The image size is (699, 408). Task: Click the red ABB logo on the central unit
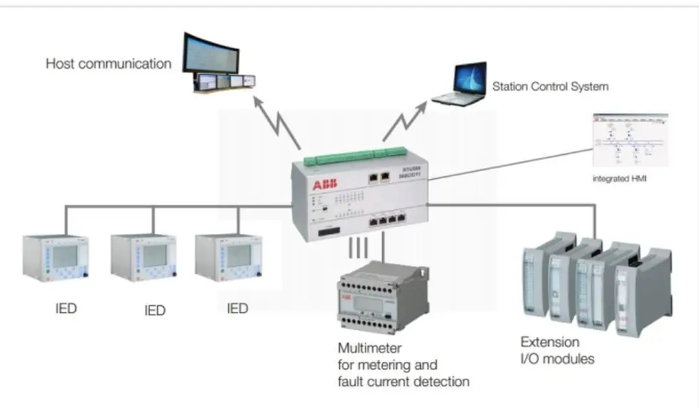click(325, 186)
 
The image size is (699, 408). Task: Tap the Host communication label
click(108, 63)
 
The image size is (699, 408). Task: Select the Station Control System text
click(550, 86)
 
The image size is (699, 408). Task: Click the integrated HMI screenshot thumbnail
click(630, 141)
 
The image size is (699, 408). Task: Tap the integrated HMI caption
click(619, 177)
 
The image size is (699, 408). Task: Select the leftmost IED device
click(56, 258)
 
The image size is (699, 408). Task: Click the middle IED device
click(142, 258)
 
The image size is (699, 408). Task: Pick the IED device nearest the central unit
click(228, 258)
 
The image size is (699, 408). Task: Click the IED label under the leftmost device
click(66, 308)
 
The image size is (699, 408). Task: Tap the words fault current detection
click(403, 381)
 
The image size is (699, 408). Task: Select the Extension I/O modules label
click(557, 350)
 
